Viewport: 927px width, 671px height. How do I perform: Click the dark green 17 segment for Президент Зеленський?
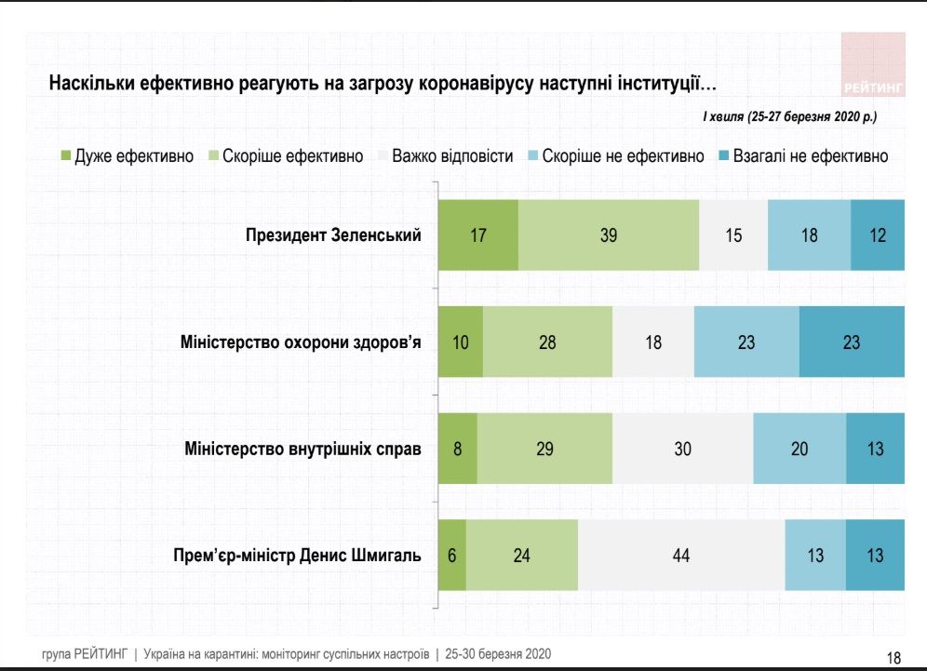point(478,235)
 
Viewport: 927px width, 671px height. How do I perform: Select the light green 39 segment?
point(609,235)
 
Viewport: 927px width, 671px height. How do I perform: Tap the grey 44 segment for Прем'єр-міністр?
point(681,556)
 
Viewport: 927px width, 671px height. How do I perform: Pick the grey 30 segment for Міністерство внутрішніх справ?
point(682,449)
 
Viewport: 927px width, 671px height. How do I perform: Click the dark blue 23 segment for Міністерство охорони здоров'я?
point(852,342)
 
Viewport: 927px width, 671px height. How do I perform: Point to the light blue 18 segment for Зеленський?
point(809,235)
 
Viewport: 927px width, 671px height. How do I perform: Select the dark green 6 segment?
point(452,556)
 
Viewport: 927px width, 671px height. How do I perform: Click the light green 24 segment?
point(522,556)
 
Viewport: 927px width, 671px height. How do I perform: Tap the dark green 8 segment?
point(458,449)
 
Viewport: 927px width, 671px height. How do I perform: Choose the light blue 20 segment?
point(799,449)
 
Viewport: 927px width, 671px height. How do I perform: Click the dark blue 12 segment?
point(878,235)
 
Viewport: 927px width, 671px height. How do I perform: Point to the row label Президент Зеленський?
point(333,235)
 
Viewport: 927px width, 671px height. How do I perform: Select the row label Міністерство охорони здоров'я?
point(301,342)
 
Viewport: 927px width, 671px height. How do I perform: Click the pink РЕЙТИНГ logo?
point(873,65)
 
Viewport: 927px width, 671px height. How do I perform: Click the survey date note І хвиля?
point(788,117)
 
